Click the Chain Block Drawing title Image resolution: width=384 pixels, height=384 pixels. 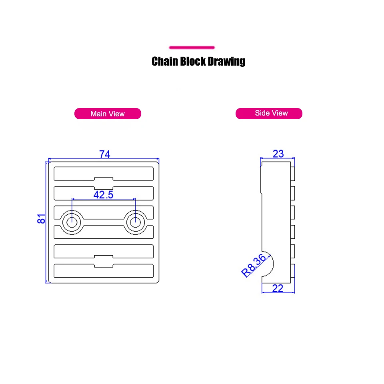point(198,61)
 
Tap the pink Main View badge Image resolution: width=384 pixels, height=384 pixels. point(108,114)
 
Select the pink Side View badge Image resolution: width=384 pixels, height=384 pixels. point(269,113)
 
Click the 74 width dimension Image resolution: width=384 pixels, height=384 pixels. point(104,154)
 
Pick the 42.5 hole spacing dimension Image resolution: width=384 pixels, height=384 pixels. point(103,195)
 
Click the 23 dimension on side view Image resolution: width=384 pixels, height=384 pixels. point(278,154)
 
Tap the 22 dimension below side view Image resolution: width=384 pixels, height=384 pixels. point(278,288)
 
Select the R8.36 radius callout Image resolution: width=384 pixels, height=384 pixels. point(254,266)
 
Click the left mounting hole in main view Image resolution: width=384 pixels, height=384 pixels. point(72,222)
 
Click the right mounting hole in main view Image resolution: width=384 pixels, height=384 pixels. point(135,222)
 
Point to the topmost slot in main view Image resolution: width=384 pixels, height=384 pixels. point(104,173)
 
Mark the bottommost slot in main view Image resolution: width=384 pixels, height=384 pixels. point(104,271)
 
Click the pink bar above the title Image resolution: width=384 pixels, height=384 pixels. point(192,48)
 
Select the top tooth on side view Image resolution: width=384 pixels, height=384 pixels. point(293,173)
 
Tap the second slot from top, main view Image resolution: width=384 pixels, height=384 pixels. point(104,193)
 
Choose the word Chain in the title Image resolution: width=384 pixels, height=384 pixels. point(164,61)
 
